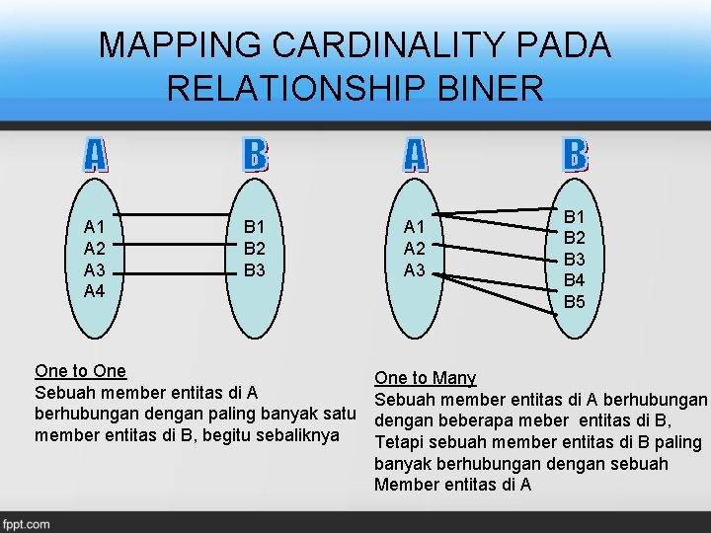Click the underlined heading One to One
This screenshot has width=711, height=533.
[80, 371]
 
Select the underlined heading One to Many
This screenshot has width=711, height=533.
[425, 378]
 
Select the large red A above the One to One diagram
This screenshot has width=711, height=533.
[94, 155]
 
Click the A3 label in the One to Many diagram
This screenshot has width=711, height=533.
[413, 269]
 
